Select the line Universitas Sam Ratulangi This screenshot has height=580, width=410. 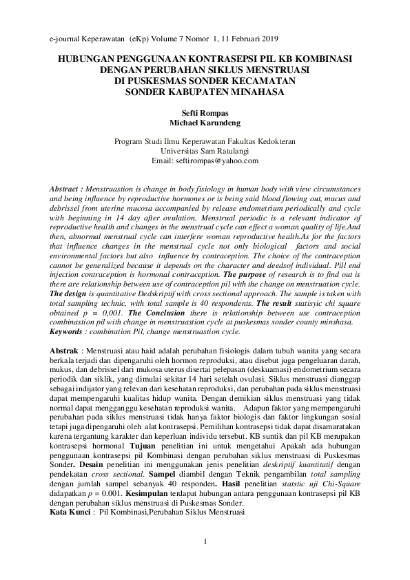point(205,149)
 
